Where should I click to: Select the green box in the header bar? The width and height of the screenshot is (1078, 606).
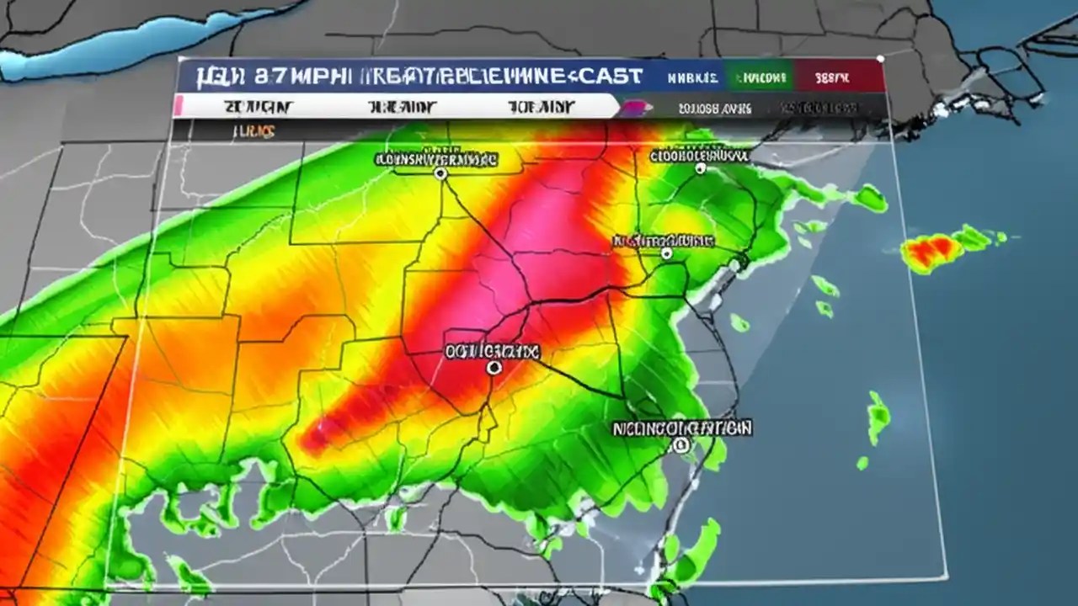(x=761, y=78)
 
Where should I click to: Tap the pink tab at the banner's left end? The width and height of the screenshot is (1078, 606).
(x=178, y=107)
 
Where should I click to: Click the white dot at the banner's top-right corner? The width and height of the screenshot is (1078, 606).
(x=880, y=59)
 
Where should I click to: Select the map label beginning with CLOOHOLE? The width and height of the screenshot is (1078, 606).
(x=699, y=155)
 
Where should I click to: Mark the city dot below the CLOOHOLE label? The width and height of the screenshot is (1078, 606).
(x=700, y=169)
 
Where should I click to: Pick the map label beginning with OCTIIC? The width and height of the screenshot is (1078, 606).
(x=493, y=352)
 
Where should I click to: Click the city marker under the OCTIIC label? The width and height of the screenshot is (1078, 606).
(x=494, y=368)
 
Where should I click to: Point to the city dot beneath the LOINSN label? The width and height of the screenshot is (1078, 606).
(x=440, y=173)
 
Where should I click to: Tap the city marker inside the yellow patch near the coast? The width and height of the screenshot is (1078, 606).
(x=666, y=253)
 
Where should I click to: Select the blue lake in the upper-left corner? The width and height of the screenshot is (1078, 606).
(x=126, y=46)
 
